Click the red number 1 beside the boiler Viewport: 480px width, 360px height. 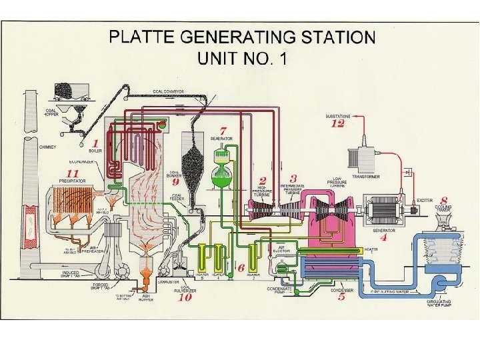coord(95,143)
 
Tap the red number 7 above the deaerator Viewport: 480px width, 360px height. coord(224,129)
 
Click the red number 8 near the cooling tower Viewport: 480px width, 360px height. coord(443,199)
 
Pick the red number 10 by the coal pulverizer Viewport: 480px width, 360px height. coord(185,297)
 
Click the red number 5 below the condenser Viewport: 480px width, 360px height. coord(341,297)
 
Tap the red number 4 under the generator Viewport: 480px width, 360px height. coord(383,237)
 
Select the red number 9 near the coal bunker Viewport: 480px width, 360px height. coord(176,181)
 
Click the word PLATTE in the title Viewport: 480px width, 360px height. coord(146,37)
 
